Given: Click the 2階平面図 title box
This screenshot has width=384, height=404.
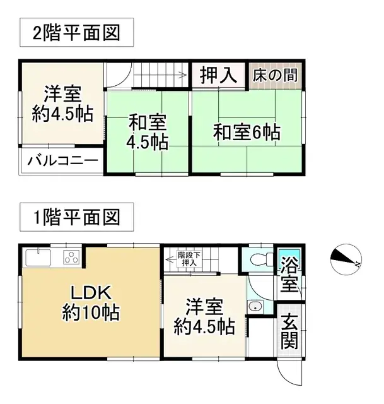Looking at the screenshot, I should click(76, 33).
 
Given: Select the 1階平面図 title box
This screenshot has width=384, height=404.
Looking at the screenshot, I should click(76, 218).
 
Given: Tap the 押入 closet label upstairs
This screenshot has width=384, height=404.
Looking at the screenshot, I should click(218, 76).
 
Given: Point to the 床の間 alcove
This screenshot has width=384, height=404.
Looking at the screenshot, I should click(275, 76).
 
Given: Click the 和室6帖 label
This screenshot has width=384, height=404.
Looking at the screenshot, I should click(246, 133).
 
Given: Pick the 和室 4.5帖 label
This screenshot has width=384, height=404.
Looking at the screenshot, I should click(148, 131).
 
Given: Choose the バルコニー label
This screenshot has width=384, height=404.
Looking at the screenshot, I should click(62, 160).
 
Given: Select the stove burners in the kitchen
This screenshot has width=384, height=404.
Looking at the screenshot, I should click(71, 258).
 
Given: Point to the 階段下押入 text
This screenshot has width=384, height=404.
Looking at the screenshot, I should click(189, 259).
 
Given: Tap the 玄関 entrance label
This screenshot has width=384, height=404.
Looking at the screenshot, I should click(289, 331).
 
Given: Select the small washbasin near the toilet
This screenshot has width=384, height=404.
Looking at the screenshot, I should click(255, 307).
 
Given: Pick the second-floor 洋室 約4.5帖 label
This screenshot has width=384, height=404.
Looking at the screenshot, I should click(62, 105).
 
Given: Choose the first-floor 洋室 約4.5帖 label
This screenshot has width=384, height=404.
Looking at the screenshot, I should click(204, 317).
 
